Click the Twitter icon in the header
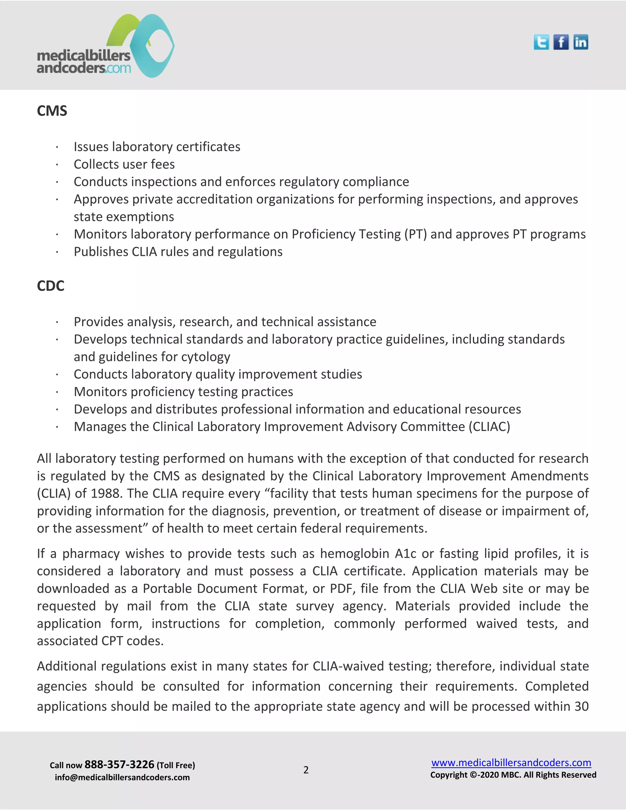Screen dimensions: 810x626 [541, 42]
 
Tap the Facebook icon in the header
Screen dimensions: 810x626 [561, 42]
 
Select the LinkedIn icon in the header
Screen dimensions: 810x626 [580, 42]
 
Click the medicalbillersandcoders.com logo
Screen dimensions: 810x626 [106, 46]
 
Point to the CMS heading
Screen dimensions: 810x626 [52, 111]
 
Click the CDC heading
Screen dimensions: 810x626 [50, 286]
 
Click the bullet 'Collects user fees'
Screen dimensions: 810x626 [124, 164]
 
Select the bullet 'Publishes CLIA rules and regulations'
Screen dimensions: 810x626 [178, 252]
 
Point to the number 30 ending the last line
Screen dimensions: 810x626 [581, 706]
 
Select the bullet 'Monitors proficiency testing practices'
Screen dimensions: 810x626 [183, 392]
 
